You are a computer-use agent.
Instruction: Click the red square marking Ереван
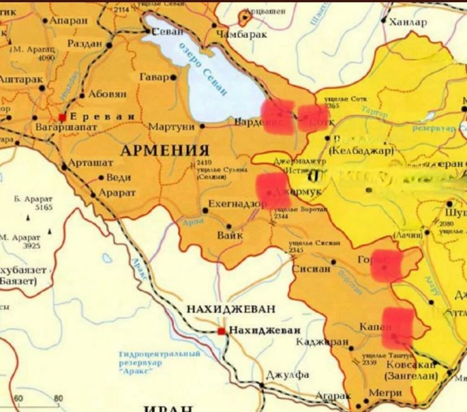pos(62,117)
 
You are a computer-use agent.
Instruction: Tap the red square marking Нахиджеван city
pos(222,331)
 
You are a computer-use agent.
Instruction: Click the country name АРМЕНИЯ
pos(165,150)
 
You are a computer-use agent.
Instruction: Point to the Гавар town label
pos(154,78)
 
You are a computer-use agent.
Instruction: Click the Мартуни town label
pos(171,127)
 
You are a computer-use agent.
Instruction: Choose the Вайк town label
pos(230,236)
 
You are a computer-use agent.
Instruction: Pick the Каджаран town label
pos(322,342)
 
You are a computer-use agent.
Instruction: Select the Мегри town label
pos(385,393)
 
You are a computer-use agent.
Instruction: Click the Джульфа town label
pos(287,375)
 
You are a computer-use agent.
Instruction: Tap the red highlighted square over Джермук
pos(273,191)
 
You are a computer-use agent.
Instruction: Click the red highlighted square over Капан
pos(397,328)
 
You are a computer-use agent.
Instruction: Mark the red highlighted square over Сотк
pos(313,118)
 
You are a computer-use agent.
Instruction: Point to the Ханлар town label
pos(408,22)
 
